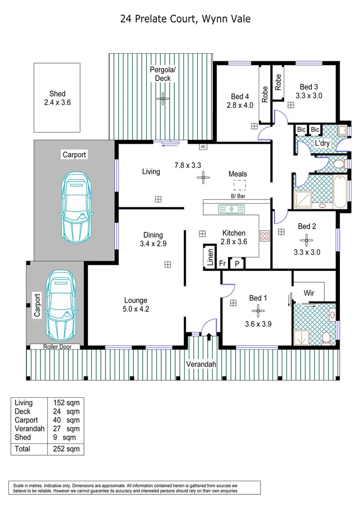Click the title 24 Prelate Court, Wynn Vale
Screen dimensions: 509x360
tap(185, 19)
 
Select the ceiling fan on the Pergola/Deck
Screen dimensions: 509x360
tap(163, 99)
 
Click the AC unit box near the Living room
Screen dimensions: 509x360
tap(203, 147)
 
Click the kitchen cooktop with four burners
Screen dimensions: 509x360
tap(264, 235)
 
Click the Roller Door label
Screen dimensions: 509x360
tap(55, 346)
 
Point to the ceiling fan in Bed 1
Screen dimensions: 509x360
tap(258, 310)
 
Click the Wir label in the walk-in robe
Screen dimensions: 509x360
tap(309, 293)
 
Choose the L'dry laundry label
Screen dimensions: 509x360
tap(322, 143)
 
